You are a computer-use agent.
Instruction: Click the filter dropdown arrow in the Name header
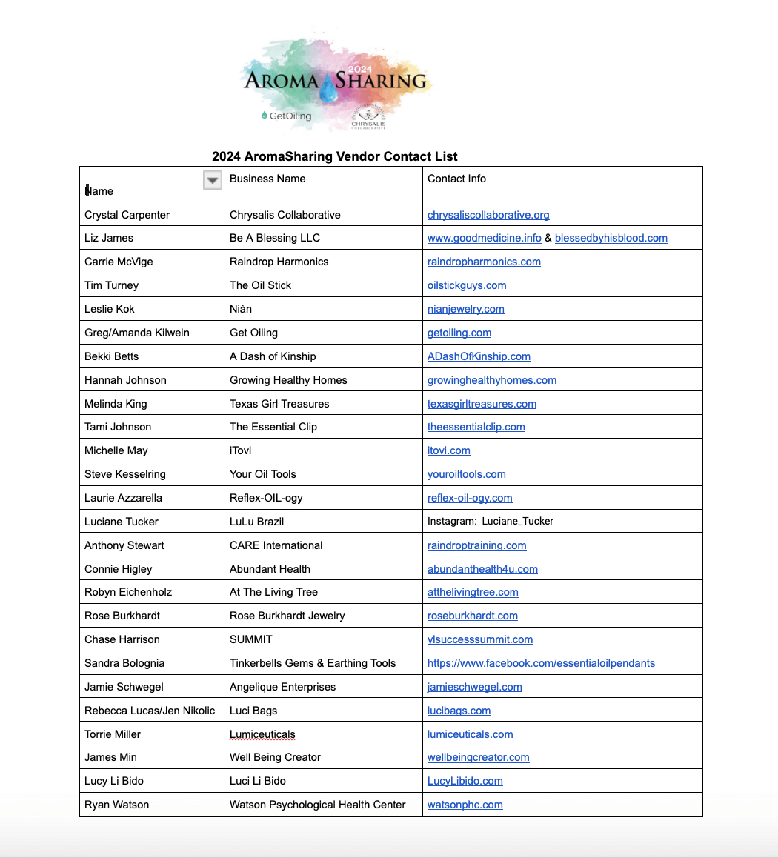pos(213,180)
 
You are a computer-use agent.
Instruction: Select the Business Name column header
pos(267,179)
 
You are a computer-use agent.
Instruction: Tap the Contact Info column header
pos(456,179)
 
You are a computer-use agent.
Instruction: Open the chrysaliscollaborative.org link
pos(488,215)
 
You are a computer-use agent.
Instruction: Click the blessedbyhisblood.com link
pos(611,238)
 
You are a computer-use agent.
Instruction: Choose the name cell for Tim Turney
pos(111,285)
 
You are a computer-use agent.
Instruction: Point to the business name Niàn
pos(241,309)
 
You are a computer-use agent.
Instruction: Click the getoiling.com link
pos(459,333)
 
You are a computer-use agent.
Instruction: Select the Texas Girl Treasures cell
pos(279,404)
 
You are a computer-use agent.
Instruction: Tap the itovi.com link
pos(448,450)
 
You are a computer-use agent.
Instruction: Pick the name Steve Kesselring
pos(125,474)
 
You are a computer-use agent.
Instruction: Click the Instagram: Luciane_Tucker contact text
pos(491,522)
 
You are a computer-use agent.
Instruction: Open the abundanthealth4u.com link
pos(482,569)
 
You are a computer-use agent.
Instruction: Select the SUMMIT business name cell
pos(251,639)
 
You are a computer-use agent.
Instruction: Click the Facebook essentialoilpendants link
pos(541,663)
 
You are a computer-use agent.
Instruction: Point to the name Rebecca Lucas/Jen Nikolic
pos(150,711)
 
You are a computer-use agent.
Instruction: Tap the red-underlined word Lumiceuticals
pos(262,734)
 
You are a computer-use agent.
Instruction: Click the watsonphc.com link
pos(465,805)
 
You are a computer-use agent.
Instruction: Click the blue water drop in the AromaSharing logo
pos(328,88)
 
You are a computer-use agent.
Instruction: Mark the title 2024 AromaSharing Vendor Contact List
pos(335,156)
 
